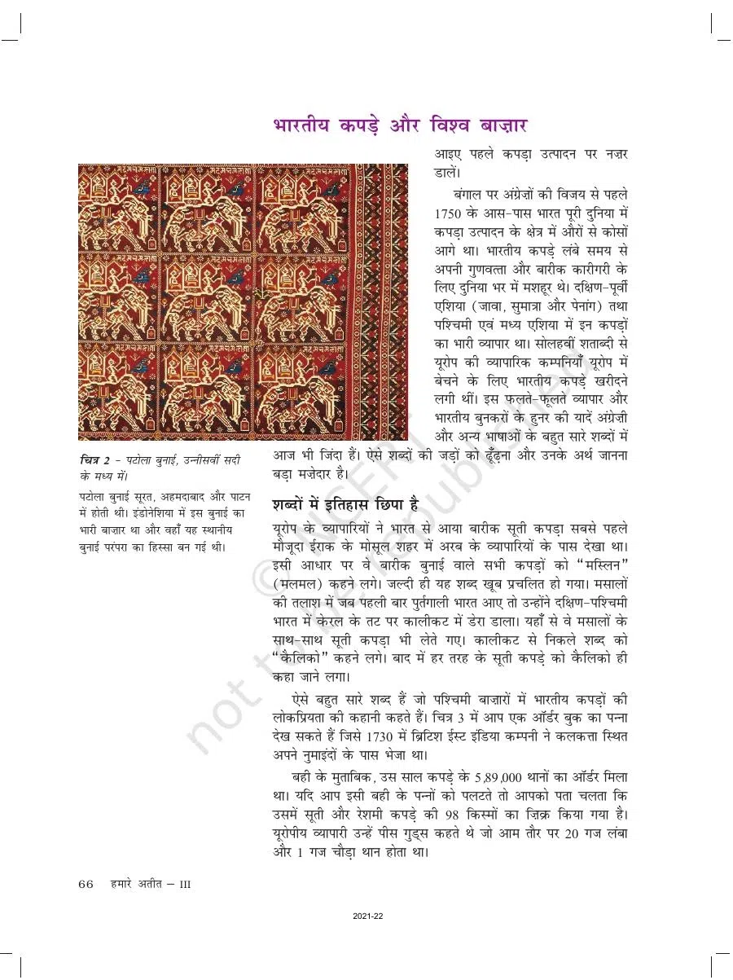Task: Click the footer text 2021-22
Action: [368, 916]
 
